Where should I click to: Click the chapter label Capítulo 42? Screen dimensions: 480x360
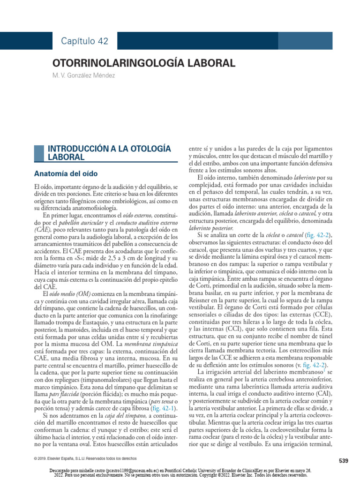point(84,41)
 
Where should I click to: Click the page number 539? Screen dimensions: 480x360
point(343,461)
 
